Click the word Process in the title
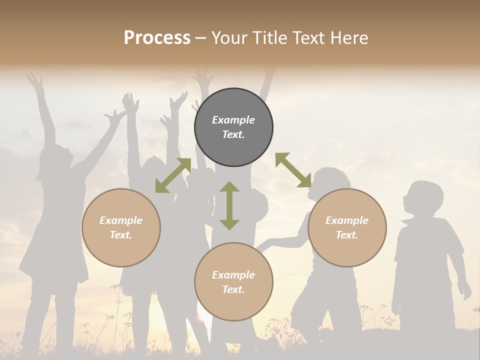157,38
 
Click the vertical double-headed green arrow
229,205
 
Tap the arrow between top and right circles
293,170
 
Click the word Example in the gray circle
233,120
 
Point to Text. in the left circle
121,235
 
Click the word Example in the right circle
347,220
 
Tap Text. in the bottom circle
233,289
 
